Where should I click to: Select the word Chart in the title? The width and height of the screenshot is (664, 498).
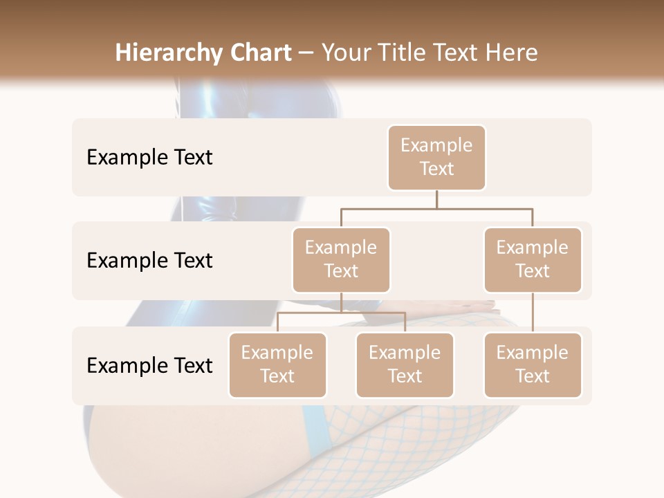(260, 53)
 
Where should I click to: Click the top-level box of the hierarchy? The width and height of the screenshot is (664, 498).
(436, 157)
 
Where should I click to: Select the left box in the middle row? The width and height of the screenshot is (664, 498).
(341, 259)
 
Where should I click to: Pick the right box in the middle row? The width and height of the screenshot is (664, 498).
(533, 259)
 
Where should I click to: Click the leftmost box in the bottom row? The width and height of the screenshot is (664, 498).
(277, 365)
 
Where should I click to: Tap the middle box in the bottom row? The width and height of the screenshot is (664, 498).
(405, 365)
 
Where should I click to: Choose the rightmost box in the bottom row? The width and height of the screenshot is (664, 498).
(533, 365)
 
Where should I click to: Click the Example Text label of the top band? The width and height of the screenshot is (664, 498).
(149, 157)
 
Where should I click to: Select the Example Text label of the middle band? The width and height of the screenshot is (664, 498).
(149, 260)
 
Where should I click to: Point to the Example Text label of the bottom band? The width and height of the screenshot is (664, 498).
(149, 365)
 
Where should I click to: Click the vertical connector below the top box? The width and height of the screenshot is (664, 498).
(436, 199)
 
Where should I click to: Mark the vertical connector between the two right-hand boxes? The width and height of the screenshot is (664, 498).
(533, 313)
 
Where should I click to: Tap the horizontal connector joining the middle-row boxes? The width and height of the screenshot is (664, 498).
(436, 208)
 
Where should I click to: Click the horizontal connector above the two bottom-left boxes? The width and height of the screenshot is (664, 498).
(341, 313)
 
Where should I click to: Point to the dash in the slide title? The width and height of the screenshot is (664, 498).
(306, 53)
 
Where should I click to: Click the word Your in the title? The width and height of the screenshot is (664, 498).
(347, 53)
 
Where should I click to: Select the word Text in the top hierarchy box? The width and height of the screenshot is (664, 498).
(436, 169)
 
